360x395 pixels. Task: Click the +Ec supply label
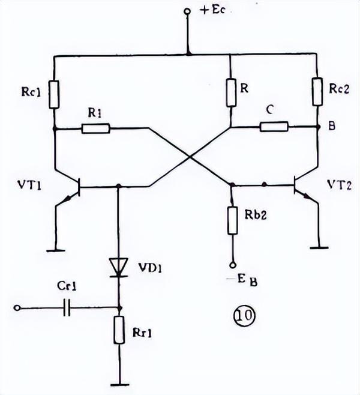point(209,10)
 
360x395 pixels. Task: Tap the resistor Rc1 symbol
point(54,94)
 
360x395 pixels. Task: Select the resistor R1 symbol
point(95,128)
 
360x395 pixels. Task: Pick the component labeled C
point(274,127)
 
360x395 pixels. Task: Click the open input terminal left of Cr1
point(19,308)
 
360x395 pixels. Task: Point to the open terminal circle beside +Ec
point(187,11)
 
